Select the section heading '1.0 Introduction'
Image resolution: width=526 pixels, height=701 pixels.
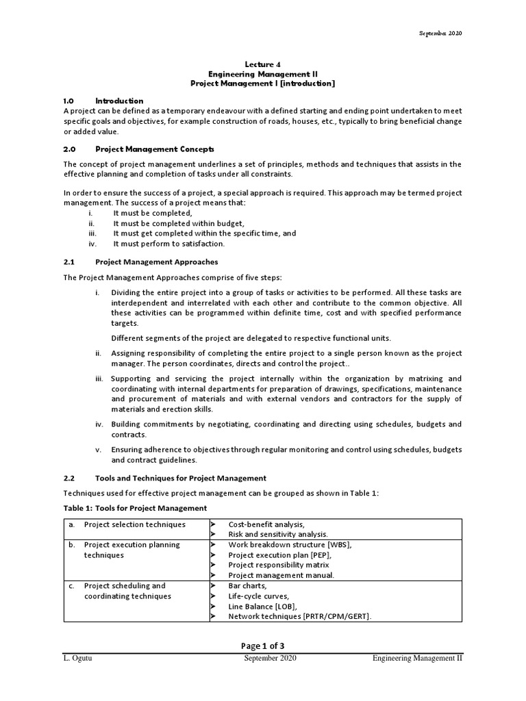pos(103,101)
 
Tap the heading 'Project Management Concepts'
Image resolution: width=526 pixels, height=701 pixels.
pos(155,149)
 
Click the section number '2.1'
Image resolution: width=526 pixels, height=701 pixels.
pos(68,262)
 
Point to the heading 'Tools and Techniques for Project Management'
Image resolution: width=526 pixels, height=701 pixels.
pos(181,478)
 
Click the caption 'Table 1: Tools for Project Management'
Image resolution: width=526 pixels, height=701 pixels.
pos(135,507)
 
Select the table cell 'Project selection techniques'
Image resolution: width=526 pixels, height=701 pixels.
pos(134,524)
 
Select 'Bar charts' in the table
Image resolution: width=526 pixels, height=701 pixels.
pos(248,586)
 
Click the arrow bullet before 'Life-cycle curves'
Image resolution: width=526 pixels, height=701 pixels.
pos(214,596)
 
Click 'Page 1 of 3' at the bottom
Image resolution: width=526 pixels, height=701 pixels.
pos(262,645)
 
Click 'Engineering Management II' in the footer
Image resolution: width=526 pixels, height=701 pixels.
pos(417,659)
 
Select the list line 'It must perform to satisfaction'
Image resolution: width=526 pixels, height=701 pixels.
pos(168,244)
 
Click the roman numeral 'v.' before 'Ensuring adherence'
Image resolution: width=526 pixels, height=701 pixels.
pos(98,450)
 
